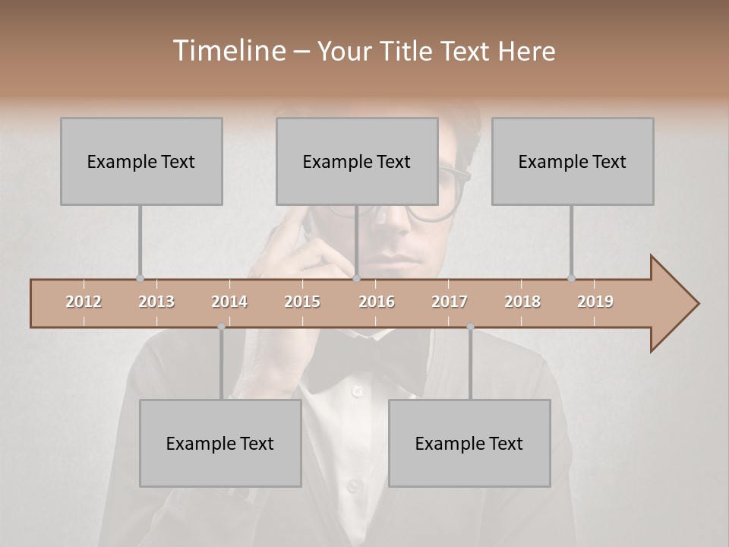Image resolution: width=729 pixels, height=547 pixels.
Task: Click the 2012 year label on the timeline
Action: pos(84,302)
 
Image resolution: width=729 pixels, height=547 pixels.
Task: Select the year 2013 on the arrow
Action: pos(156,302)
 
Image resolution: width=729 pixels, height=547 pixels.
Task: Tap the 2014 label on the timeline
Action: pos(229,302)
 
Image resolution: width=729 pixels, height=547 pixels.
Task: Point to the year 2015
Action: pos(302,302)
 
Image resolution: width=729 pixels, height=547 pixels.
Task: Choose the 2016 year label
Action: pos(377,302)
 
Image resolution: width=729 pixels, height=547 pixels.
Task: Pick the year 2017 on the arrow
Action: pos(450,302)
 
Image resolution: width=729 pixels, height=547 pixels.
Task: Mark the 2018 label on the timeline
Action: pos(522,302)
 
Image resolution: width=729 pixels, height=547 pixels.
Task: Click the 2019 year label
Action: pos(595,302)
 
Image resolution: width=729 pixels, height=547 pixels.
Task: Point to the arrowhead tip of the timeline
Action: pos(697,304)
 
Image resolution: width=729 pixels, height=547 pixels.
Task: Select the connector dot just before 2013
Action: pos(140,279)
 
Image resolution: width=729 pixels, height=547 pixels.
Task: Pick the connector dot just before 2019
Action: pos(571,279)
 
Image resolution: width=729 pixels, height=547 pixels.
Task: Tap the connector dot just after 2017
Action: pos(470,327)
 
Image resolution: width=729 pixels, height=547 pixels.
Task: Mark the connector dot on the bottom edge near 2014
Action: pos(221,327)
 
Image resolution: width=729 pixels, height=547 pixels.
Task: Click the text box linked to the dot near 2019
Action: pos(573,161)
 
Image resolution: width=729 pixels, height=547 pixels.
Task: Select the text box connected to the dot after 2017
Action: pos(469,443)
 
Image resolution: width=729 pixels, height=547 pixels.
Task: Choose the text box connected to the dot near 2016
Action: pos(357,161)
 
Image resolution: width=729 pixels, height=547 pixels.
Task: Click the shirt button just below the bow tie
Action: pos(355,391)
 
